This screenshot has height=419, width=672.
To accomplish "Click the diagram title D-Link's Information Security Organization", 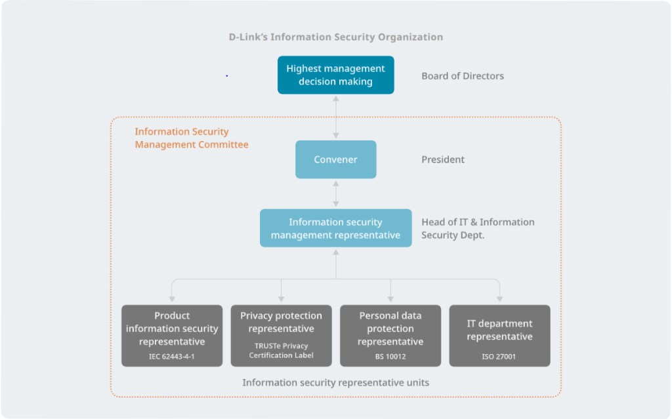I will [335, 37].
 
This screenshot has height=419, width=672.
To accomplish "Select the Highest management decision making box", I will [335, 75].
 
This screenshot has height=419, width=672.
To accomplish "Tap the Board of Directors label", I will [463, 76].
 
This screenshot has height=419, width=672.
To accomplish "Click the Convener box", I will [335, 159].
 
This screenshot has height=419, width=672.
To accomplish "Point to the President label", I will [443, 159].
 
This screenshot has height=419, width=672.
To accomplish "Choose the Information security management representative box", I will [335, 228].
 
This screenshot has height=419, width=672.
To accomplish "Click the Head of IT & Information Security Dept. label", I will [477, 228].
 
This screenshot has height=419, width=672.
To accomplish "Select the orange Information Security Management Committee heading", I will [192, 138].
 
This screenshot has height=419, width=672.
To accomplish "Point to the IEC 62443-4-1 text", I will [172, 357].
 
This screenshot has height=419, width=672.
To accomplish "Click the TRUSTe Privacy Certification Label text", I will [281, 351].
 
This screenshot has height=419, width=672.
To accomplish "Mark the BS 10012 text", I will [390, 357].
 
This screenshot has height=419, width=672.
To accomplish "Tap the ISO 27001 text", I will [499, 357].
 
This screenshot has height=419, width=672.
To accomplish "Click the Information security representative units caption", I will [335, 382].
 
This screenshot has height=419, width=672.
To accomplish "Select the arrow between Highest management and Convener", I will [336, 117].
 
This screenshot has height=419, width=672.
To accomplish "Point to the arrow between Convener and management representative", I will [336, 193].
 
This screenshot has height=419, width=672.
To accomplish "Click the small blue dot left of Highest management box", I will [226, 76].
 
